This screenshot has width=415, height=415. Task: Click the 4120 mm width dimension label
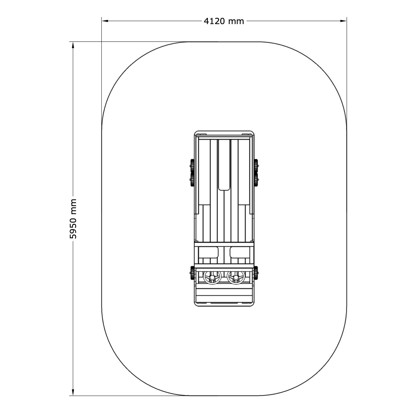224,21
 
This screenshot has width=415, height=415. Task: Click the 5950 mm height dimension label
73,219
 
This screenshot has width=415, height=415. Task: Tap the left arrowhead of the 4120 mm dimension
105,21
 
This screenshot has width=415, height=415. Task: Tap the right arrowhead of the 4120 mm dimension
343,21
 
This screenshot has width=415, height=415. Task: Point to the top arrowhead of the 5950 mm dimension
73,45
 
